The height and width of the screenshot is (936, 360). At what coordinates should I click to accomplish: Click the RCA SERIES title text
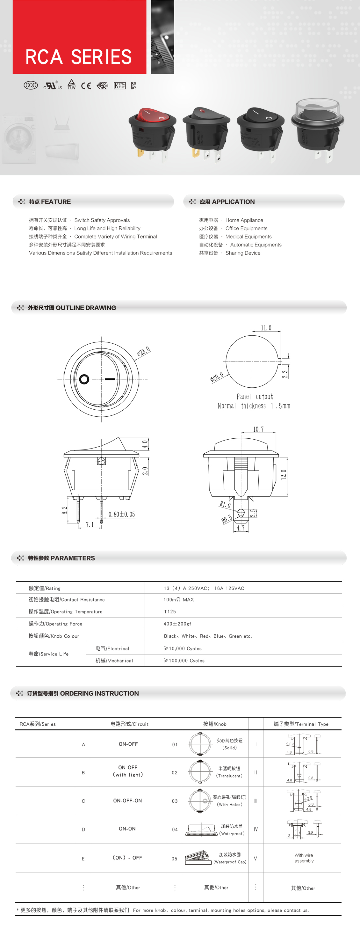tap(78, 57)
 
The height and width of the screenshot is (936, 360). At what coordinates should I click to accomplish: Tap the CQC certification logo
tap(31, 85)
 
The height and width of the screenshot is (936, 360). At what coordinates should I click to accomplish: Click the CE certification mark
tap(86, 86)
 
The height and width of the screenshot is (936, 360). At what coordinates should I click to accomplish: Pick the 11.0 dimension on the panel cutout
tap(266, 328)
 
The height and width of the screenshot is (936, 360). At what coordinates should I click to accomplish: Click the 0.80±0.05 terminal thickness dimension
tap(121, 514)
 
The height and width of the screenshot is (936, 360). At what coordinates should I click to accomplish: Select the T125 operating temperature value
tap(170, 611)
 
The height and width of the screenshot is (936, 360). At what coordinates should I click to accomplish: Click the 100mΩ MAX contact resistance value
tap(178, 600)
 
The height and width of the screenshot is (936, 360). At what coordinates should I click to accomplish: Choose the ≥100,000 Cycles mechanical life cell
tap(184, 661)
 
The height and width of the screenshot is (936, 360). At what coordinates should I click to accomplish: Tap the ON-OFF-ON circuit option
tap(127, 801)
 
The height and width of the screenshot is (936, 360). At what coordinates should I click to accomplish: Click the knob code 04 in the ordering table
tap(175, 830)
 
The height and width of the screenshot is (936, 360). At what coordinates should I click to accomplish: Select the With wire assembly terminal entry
tap(304, 858)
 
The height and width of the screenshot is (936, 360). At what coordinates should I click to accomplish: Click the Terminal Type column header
tap(301, 724)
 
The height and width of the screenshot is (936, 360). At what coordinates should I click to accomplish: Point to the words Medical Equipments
tap(248, 237)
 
